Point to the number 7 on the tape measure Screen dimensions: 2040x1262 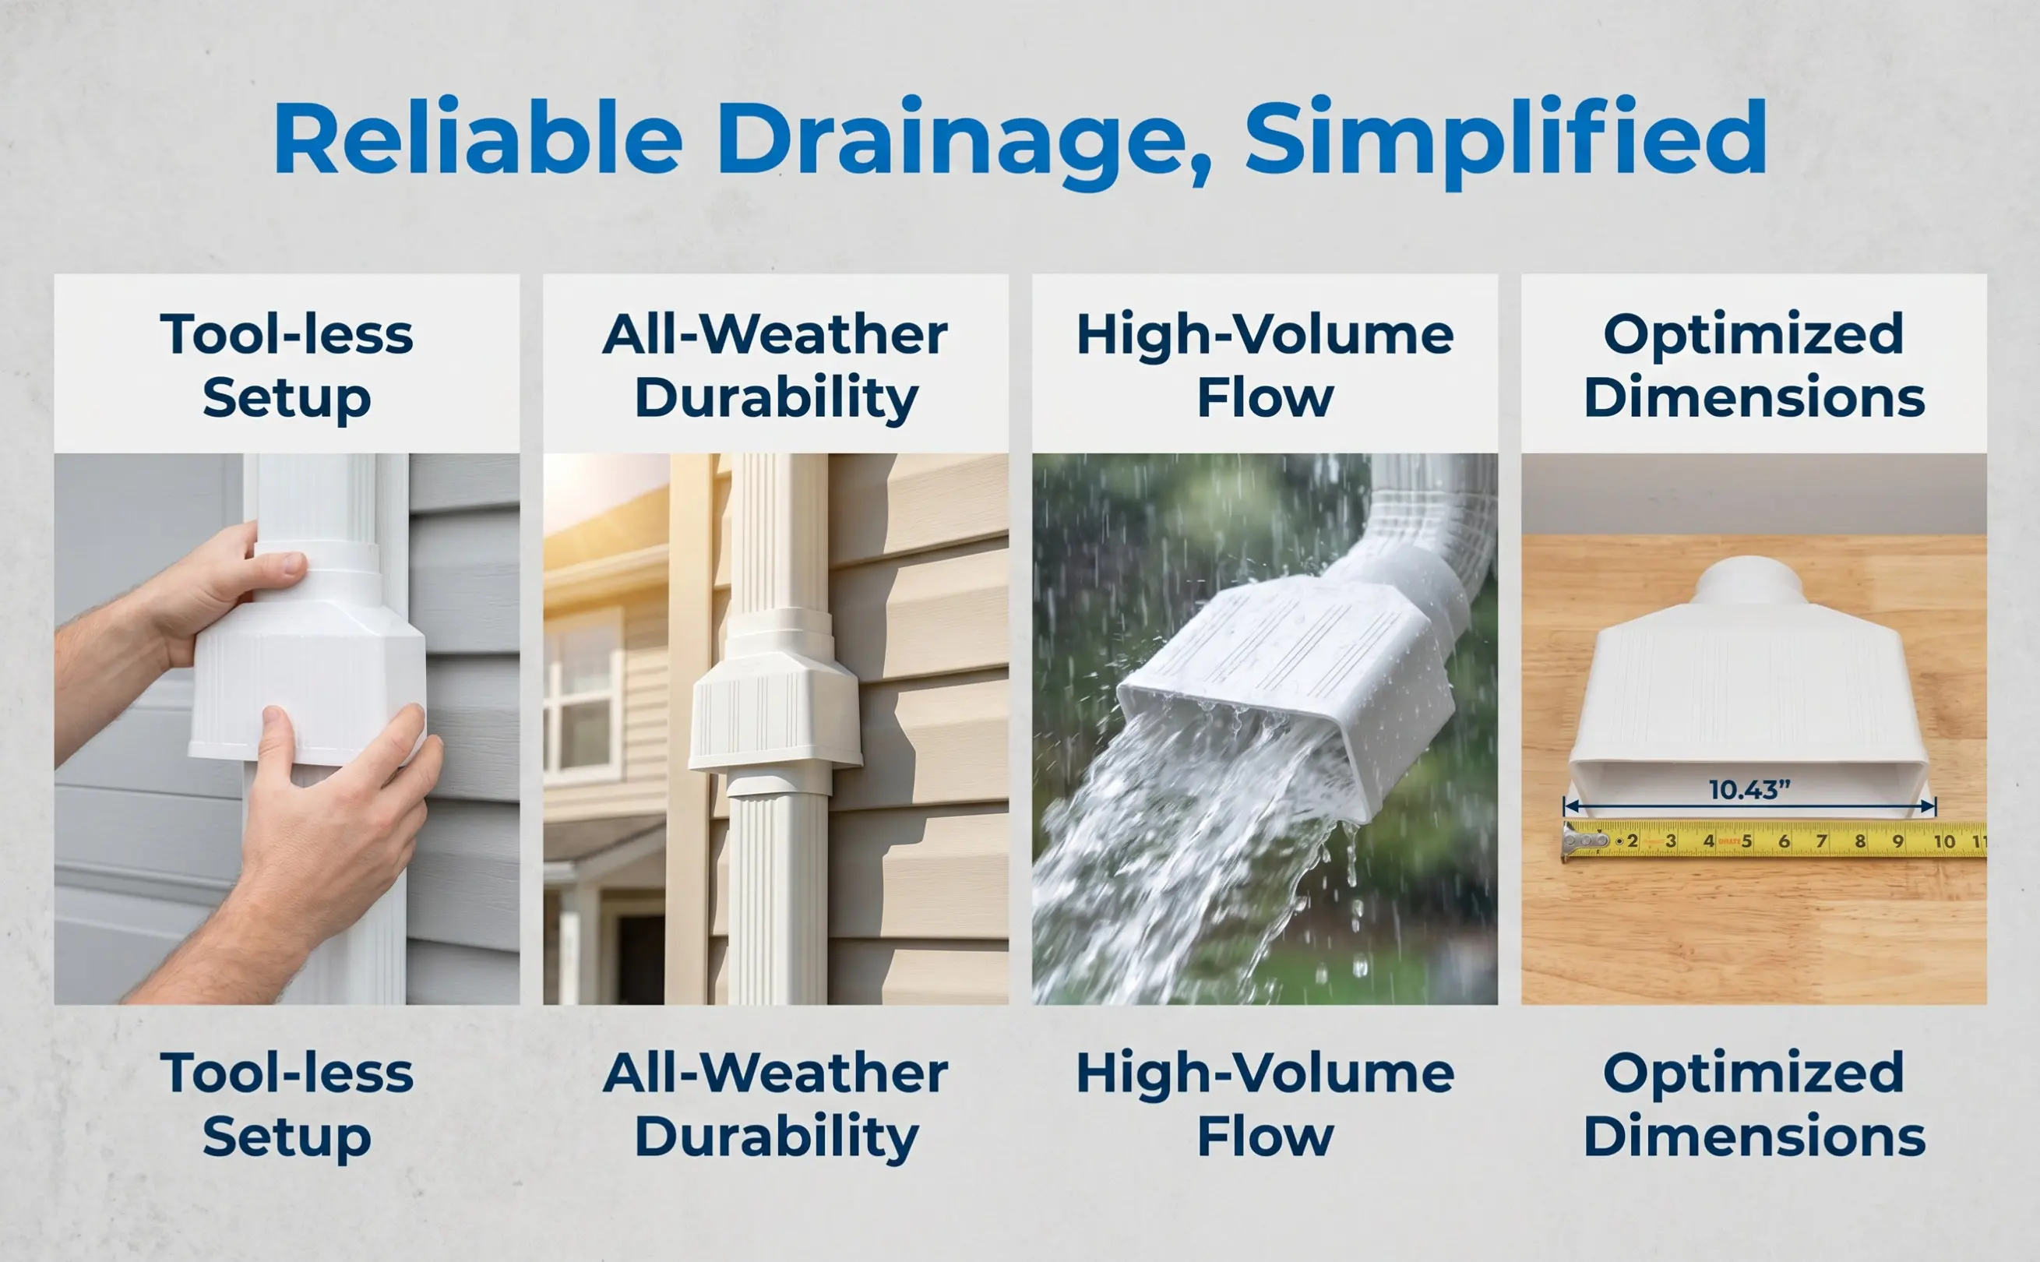pyautogui.click(x=1822, y=841)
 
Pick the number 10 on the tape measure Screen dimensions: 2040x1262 pyautogui.click(x=1944, y=841)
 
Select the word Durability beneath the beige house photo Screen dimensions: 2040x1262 pyautogui.click(x=776, y=1139)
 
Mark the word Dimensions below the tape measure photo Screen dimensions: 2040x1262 pyautogui.click(x=1754, y=1137)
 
